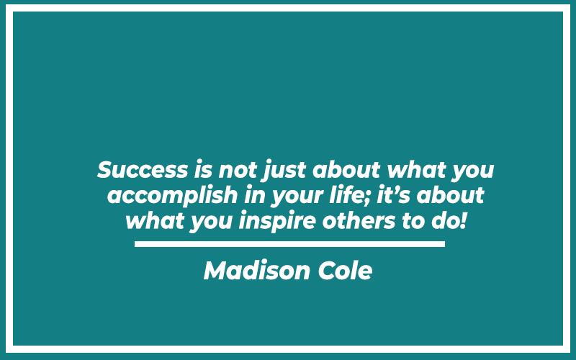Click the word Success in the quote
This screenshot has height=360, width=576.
(x=143, y=170)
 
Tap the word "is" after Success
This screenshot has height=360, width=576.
(x=204, y=170)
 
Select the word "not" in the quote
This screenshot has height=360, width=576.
(x=238, y=171)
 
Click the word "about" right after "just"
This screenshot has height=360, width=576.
(x=346, y=170)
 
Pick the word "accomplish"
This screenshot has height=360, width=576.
(x=173, y=195)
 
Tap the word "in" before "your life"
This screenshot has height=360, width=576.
(x=255, y=195)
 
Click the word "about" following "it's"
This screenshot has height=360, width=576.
(x=451, y=194)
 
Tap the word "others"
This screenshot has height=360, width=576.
(x=359, y=220)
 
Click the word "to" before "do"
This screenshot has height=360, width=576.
(x=413, y=221)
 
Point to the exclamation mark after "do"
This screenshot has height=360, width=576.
(x=463, y=220)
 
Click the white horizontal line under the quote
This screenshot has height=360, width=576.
(x=290, y=244)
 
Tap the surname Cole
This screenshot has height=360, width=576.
(x=345, y=271)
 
